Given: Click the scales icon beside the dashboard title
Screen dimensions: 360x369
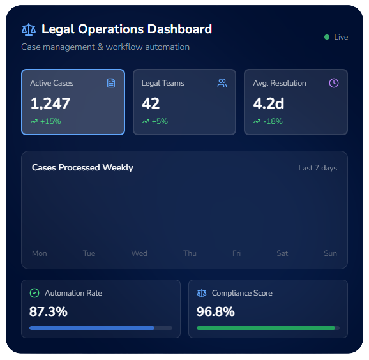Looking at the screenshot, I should point(29,29).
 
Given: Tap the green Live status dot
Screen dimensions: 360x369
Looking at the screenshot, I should point(327,37).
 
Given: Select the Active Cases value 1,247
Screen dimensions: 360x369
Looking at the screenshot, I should point(50,103).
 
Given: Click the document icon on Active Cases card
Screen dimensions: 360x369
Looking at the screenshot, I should point(111,83).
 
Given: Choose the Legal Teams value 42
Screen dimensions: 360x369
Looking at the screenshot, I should point(151,103).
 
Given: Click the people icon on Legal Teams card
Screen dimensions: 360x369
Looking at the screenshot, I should point(222,83).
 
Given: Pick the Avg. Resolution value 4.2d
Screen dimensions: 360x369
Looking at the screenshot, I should point(269,103).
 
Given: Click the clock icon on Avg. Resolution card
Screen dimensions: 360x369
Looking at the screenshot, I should point(333,83).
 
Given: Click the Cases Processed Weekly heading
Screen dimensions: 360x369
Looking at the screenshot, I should point(82,168).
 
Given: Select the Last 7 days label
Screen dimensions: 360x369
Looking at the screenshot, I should point(317,168).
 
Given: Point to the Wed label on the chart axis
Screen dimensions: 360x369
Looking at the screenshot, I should point(139,253).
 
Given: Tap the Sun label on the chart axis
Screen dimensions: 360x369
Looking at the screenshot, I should point(330,253).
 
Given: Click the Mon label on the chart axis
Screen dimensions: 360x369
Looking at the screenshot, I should point(40,253).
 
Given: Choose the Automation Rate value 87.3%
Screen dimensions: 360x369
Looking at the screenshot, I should point(49,312).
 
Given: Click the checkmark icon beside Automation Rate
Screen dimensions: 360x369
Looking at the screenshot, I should point(34,293).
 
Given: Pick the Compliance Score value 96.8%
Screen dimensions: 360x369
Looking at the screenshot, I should point(216,312).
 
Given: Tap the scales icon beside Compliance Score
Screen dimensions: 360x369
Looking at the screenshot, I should point(202,293).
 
